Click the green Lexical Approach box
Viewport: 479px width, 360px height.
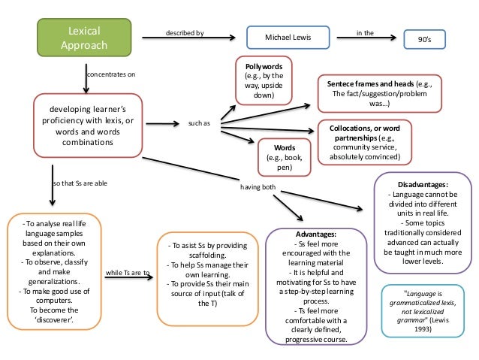(x=84, y=36)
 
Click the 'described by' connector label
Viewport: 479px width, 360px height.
(x=184, y=34)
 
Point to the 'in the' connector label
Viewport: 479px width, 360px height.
(x=369, y=34)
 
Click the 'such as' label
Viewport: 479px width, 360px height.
(x=198, y=123)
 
